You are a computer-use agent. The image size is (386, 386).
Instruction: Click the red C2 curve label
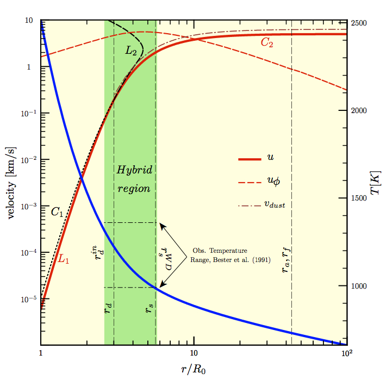click(267, 42)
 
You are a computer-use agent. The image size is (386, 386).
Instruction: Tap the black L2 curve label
click(130, 51)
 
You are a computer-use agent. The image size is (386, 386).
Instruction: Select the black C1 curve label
click(57, 211)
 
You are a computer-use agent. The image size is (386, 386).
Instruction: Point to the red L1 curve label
click(63, 259)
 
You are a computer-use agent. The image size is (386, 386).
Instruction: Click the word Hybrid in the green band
click(134, 170)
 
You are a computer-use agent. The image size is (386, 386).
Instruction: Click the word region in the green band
click(134, 189)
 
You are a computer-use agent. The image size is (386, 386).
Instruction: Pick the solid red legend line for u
click(250, 159)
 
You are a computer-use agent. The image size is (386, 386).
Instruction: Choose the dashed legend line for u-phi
click(250, 183)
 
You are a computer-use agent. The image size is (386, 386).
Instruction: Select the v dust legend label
click(275, 204)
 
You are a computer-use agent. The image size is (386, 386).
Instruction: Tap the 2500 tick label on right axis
click(359, 23)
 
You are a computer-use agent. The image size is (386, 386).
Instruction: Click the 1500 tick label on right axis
click(359, 198)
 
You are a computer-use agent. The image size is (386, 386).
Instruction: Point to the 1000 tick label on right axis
click(359, 286)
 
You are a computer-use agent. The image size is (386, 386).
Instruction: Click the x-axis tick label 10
click(194, 353)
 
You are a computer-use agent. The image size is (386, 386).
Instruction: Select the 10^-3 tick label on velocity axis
click(29, 206)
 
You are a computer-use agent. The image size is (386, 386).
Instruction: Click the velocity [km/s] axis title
click(10, 183)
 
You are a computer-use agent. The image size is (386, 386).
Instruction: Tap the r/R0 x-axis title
click(193, 369)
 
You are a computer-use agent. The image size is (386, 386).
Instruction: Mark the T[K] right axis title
click(376, 183)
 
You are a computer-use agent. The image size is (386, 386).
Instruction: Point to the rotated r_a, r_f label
click(286, 260)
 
